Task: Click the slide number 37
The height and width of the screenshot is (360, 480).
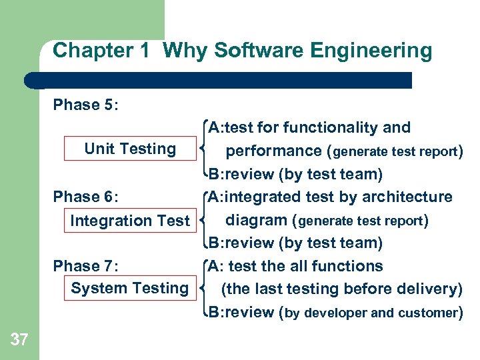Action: click(x=19, y=340)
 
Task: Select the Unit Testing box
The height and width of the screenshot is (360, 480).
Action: click(x=130, y=149)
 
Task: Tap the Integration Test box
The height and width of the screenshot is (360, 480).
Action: click(x=130, y=221)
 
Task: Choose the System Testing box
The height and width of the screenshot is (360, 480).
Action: click(x=130, y=289)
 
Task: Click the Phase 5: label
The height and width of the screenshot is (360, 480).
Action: click(x=86, y=105)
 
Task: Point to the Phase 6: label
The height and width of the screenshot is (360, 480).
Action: click(x=86, y=197)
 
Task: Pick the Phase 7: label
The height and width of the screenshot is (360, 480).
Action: click(x=86, y=266)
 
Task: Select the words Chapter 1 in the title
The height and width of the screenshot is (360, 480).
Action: click(x=101, y=51)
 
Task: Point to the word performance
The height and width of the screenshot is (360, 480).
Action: click(x=273, y=151)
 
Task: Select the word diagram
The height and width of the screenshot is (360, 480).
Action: click(x=258, y=220)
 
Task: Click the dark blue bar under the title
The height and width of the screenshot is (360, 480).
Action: click(x=220, y=80)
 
